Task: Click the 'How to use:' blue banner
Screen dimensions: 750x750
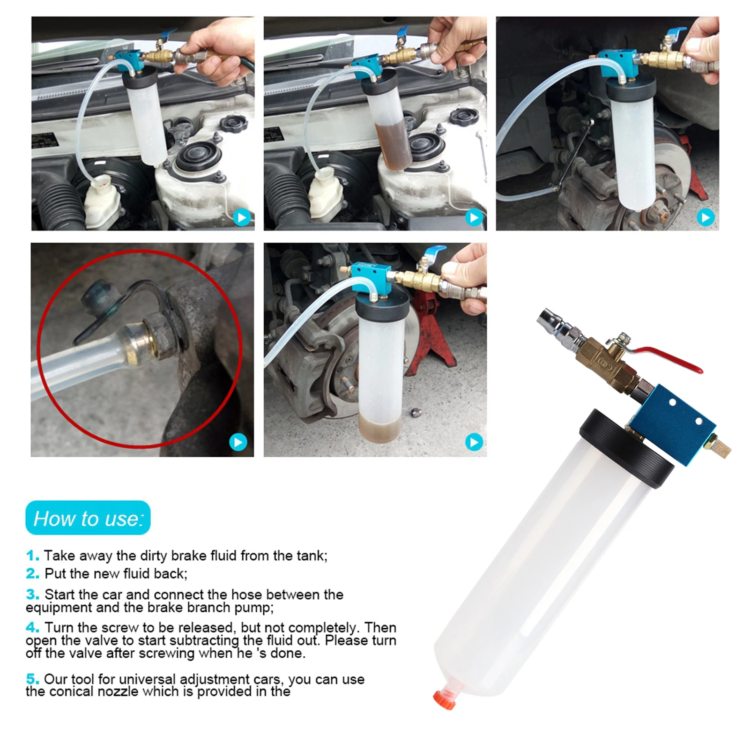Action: point(88,518)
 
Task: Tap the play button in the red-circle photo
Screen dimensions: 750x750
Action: point(238,442)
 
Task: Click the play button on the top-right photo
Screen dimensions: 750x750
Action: point(705,217)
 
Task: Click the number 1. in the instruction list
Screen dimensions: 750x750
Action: point(32,556)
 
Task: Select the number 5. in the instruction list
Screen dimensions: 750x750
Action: point(32,679)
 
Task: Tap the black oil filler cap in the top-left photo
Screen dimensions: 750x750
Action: point(234,123)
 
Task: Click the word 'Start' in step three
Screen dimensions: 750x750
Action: point(60,594)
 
